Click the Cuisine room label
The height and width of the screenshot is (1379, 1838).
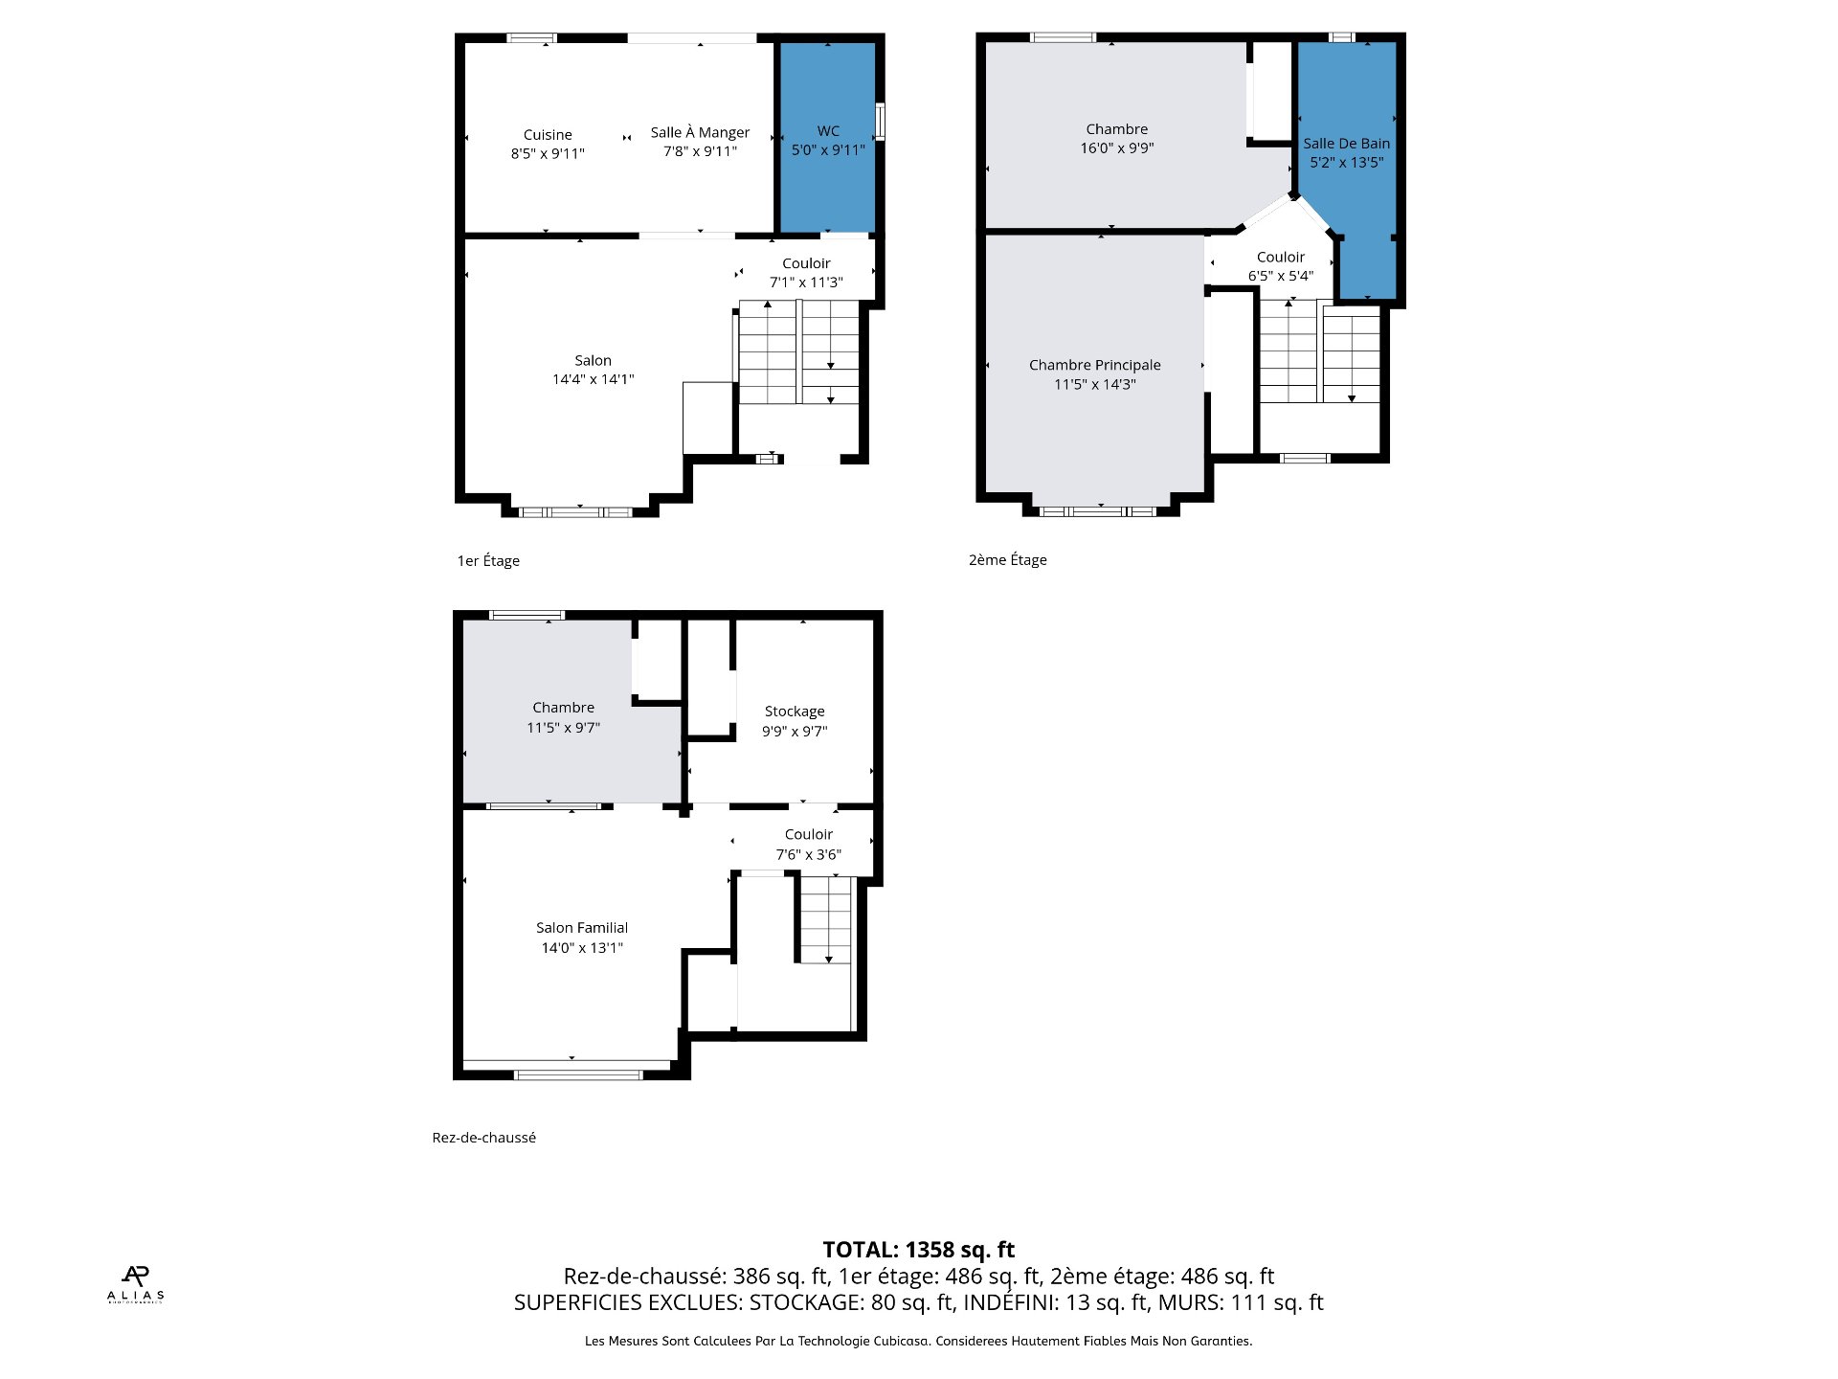click(x=548, y=135)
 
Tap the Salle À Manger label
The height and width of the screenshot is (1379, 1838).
click(x=700, y=132)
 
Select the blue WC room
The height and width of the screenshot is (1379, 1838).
click(x=828, y=137)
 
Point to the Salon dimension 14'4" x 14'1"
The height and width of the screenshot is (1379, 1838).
click(x=593, y=379)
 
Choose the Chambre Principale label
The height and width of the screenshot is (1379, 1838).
click(x=1094, y=365)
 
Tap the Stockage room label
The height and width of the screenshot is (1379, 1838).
click(x=795, y=712)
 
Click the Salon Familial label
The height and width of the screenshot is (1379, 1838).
click(x=582, y=928)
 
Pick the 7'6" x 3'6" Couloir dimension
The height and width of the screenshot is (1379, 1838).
click(x=809, y=854)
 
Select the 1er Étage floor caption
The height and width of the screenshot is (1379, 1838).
click(x=488, y=561)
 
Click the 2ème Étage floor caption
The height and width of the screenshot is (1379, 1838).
click(x=1008, y=560)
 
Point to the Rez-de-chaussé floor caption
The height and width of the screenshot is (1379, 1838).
click(x=483, y=1138)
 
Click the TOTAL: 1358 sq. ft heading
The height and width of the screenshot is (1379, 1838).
click(x=919, y=1250)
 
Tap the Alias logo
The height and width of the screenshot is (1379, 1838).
click(x=136, y=1284)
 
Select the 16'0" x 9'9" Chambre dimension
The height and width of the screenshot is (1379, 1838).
click(x=1117, y=148)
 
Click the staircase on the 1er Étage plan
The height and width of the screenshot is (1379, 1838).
click(x=798, y=351)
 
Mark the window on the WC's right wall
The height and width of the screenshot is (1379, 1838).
click(x=880, y=122)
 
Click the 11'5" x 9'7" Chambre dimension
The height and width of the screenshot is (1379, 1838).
click(x=563, y=728)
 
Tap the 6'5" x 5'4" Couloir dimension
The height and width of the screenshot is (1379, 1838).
click(x=1281, y=276)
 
